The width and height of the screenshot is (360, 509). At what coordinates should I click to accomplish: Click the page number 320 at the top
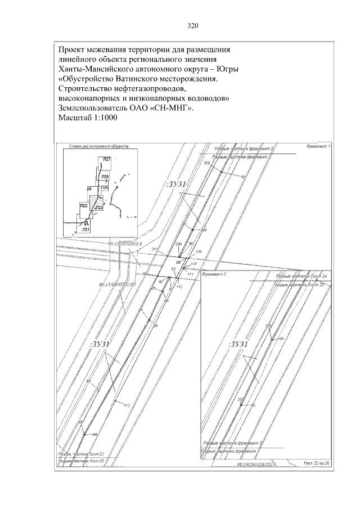pos(193,26)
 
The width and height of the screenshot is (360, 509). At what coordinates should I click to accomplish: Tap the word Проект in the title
pos(74,49)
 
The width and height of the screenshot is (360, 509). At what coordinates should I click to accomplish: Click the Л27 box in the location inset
pos(106,160)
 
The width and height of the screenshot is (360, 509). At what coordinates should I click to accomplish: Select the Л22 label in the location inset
pos(83,206)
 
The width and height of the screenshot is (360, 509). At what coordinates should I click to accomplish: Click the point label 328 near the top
pos(206,163)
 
